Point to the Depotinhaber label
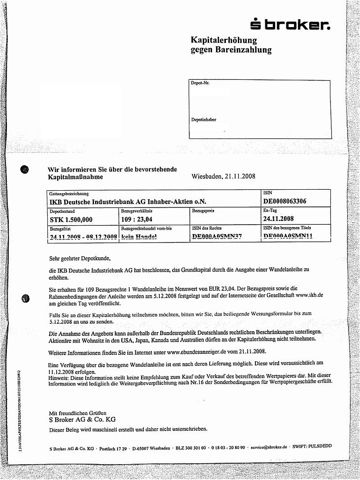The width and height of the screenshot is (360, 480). [203, 120]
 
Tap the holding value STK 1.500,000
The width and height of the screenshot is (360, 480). [71, 219]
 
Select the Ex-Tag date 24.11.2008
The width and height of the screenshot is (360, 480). [279, 219]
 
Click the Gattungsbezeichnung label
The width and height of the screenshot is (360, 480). [69, 194]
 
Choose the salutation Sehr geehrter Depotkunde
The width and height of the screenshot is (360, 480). [80, 258]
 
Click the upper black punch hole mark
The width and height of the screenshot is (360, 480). [26, 170]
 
